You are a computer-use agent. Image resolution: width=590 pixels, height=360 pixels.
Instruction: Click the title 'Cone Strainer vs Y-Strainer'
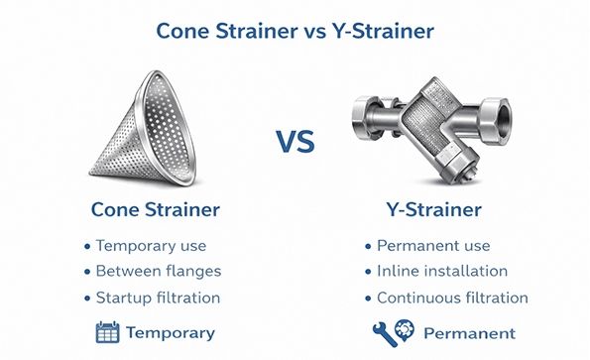[x=295, y=30]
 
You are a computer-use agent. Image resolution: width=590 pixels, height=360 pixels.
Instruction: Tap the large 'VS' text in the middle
[x=295, y=142]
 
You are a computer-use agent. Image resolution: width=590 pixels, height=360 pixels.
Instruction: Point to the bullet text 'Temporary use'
[x=151, y=245]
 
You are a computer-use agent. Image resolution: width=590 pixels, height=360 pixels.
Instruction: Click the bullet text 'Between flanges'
[x=159, y=271]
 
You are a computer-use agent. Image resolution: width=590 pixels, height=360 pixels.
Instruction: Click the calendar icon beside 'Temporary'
[x=107, y=332]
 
